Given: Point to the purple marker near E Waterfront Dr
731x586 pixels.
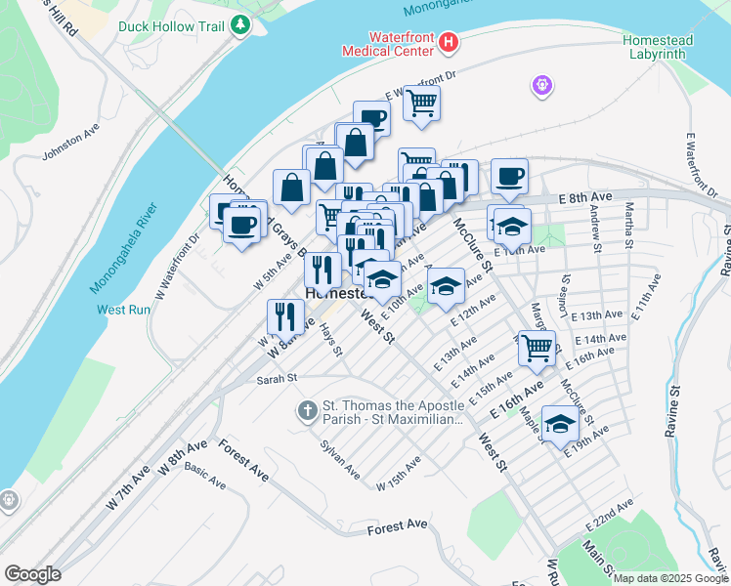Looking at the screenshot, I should click(542, 87).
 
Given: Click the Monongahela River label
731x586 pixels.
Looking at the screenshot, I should click(123, 248).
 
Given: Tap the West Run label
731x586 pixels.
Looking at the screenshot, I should click(123, 310).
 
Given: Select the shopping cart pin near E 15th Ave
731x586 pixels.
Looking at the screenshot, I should click(536, 348).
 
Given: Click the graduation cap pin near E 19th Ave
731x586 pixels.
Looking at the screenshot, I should click(560, 425).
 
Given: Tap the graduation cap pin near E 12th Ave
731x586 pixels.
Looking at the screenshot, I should click(446, 286).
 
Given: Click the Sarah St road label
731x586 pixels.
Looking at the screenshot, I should click(277, 379).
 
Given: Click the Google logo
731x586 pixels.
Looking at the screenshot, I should click(32, 573).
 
